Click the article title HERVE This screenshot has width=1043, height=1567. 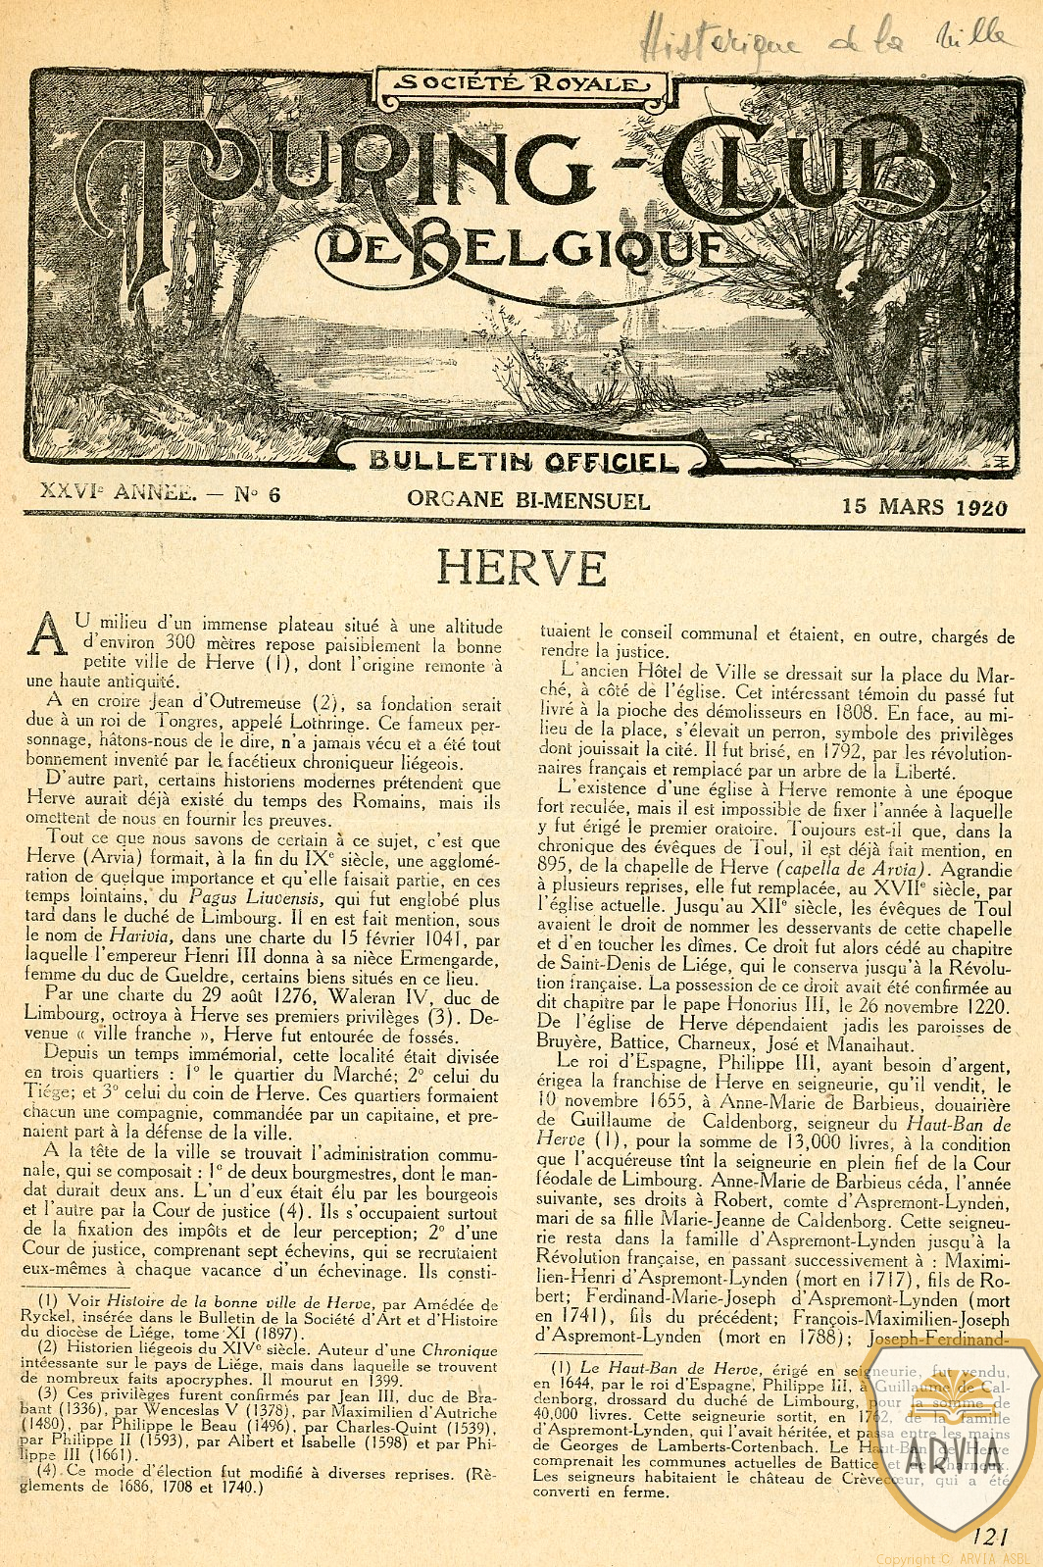(x=521, y=568)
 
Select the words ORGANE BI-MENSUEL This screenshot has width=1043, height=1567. (x=528, y=501)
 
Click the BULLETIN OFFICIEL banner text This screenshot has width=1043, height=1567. (x=523, y=461)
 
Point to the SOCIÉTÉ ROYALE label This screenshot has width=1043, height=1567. (x=515, y=84)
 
